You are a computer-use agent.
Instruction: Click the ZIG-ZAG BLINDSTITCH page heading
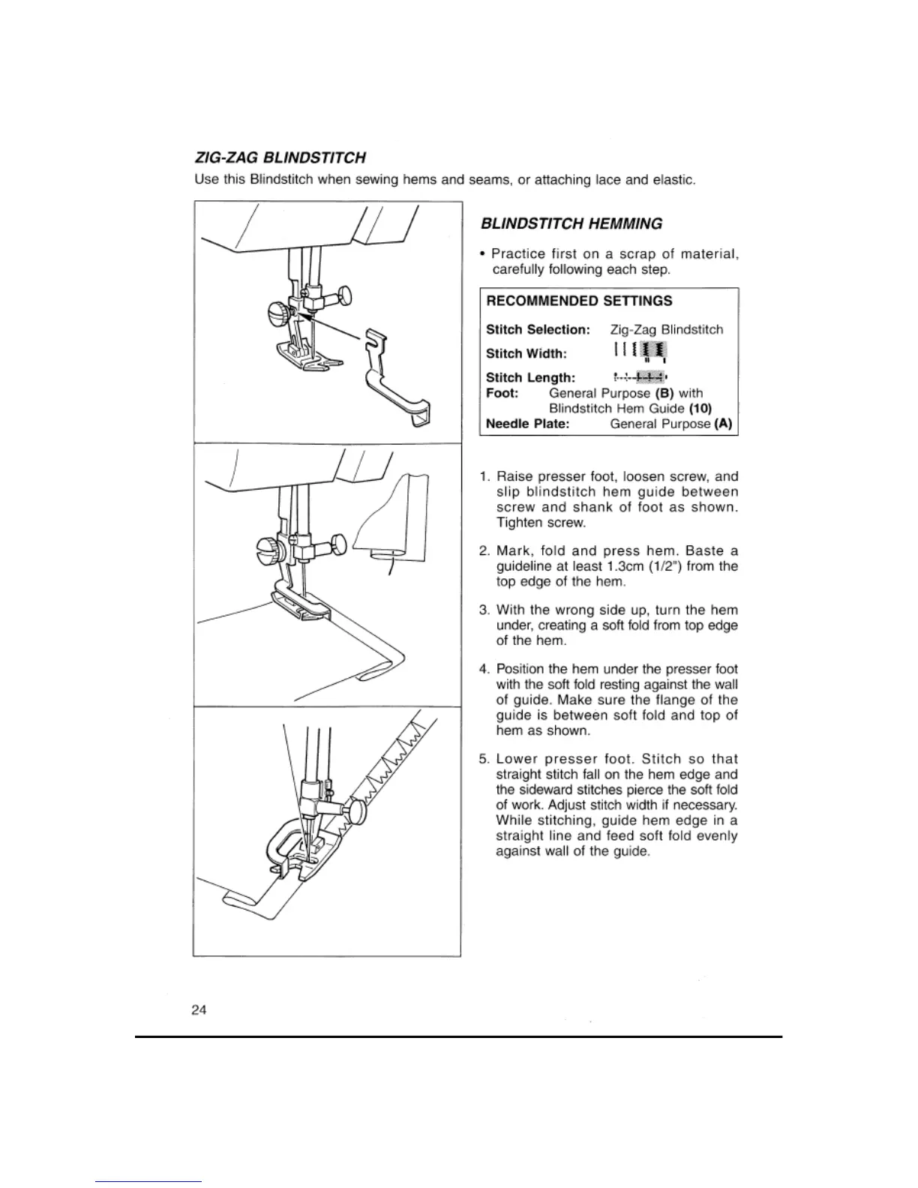point(280,158)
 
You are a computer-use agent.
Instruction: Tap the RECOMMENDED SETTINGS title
point(579,301)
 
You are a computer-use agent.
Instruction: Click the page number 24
point(199,1009)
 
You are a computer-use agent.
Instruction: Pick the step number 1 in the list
point(484,476)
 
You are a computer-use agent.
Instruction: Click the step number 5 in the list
point(484,759)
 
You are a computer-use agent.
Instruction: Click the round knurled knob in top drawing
point(277,311)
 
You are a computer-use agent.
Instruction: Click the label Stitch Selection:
point(538,330)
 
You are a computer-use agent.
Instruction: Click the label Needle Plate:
point(527,424)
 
